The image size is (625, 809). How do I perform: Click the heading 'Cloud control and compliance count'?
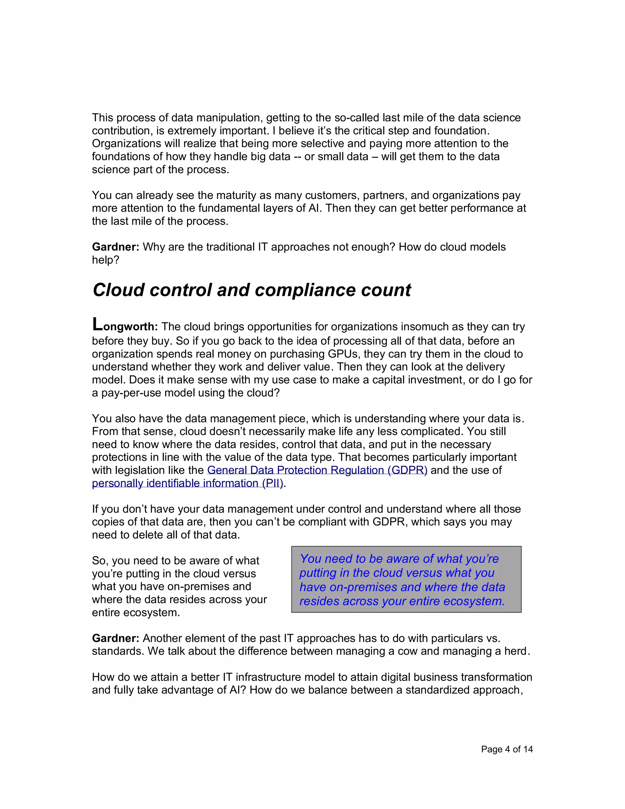251,290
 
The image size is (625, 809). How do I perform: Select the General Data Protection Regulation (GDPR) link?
317,470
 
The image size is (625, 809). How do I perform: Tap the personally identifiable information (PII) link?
187,483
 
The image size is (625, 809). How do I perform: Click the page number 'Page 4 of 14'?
507,749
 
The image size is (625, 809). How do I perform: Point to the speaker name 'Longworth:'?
125,326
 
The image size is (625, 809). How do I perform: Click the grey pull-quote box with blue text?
406,579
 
